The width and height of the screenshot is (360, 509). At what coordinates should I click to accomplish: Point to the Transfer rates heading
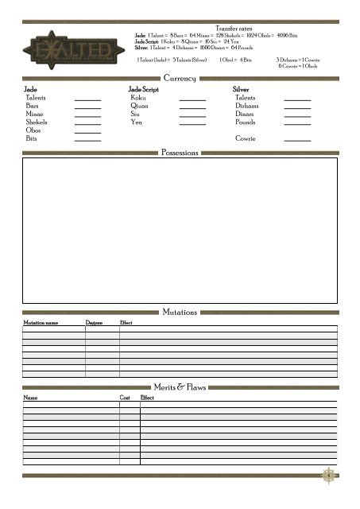click(233, 28)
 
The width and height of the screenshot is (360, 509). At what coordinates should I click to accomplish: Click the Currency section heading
click(180, 78)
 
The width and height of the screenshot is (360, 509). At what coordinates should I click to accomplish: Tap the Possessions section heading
click(180, 152)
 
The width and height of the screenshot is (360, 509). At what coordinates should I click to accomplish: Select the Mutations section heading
click(180, 313)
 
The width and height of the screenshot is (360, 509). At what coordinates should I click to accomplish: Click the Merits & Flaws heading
click(180, 387)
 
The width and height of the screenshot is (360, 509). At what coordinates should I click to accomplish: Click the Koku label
click(138, 98)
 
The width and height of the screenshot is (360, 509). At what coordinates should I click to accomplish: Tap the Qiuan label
click(140, 106)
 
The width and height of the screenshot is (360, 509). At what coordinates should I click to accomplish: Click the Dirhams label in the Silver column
click(247, 106)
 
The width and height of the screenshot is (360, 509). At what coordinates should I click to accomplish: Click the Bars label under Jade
click(33, 106)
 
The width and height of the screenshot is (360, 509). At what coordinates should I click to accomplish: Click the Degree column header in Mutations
click(94, 323)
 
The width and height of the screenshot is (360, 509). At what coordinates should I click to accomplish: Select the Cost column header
click(125, 397)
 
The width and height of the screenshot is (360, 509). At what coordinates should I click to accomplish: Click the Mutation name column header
click(41, 323)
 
